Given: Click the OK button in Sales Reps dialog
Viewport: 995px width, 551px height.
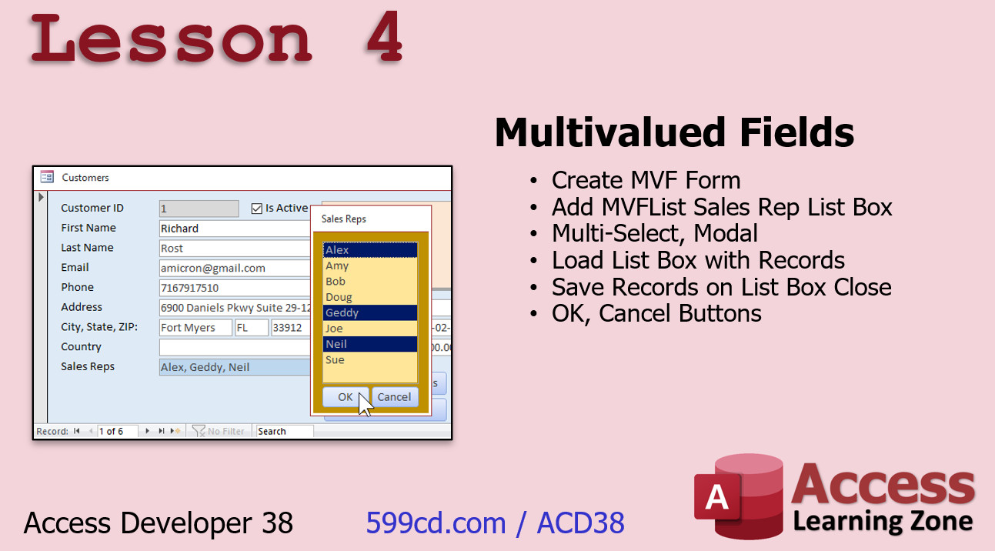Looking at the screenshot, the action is (x=346, y=397).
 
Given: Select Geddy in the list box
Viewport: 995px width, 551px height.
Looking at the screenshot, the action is (x=370, y=312).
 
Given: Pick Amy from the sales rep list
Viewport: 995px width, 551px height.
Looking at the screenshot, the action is (x=370, y=265).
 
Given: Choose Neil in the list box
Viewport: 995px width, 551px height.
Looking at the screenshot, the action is (x=370, y=344).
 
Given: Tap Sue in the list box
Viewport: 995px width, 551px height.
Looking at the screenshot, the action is (x=370, y=359).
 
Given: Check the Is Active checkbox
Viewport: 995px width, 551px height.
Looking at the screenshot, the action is (x=257, y=209).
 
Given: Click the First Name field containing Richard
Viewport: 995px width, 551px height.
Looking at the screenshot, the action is (x=235, y=229).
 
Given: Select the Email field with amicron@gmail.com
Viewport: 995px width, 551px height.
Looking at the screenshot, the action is (x=235, y=268).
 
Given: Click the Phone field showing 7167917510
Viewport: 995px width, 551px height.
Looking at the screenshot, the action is (x=235, y=288).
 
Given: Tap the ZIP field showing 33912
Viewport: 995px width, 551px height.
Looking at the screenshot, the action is (x=291, y=328).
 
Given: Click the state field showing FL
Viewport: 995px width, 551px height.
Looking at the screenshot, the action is (x=252, y=328).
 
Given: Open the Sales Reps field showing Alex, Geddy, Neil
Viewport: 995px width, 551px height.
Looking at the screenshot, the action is (x=235, y=367).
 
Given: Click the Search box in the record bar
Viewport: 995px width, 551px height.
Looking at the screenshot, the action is (x=285, y=431).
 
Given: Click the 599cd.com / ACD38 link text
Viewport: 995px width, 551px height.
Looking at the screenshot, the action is (x=496, y=523).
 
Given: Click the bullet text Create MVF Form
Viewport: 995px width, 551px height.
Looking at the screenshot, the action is (x=646, y=180).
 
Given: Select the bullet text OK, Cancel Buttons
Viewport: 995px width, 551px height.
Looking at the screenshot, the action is (x=656, y=313).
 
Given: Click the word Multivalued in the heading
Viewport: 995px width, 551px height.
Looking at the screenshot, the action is (x=610, y=132).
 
